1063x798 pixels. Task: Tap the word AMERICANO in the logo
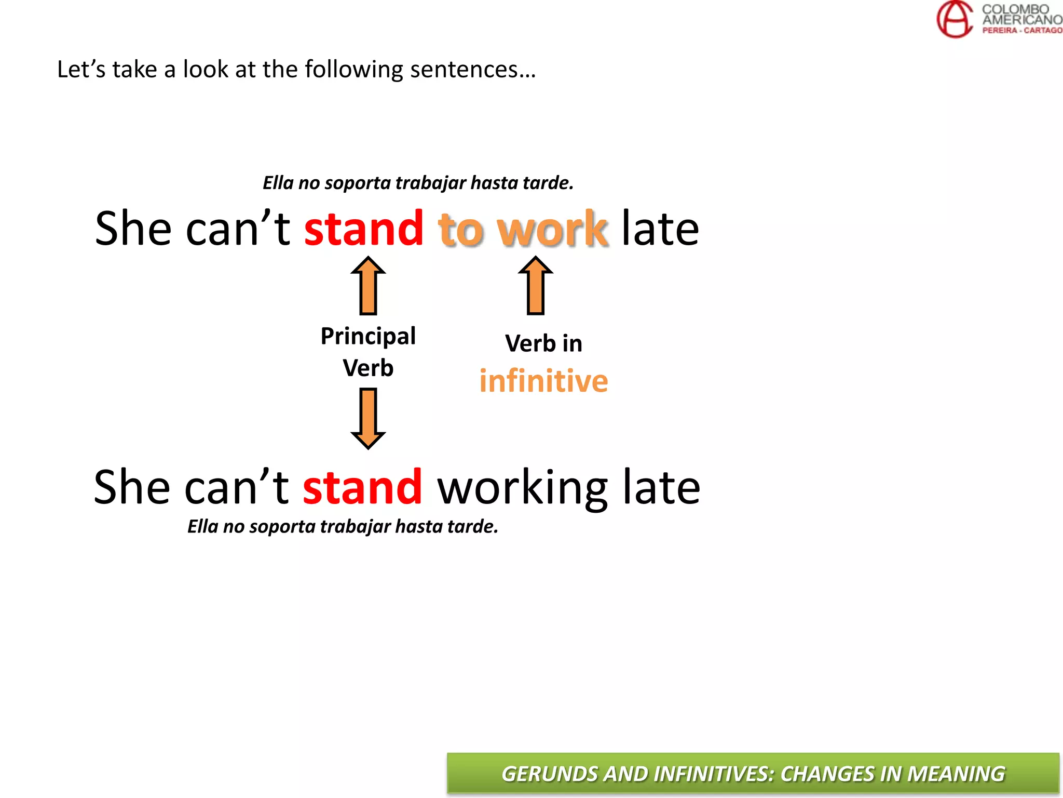pos(1021,20)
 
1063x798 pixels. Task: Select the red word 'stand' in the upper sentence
pos(363,229)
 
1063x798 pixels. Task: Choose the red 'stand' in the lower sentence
pos(362,487)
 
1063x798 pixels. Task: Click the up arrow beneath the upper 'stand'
pos(368,286)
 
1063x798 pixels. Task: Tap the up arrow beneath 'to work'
pos(536,286)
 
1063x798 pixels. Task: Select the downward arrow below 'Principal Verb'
pos(368,418)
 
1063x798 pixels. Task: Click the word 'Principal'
pos(368,337)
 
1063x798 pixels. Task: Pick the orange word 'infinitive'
pos(543,381)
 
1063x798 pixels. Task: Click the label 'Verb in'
pos(543,343)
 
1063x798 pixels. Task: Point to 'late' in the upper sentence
pos(660,229)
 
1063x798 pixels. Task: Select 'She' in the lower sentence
pos(132,487)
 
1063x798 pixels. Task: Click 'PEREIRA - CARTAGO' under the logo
pos(1021,31)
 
